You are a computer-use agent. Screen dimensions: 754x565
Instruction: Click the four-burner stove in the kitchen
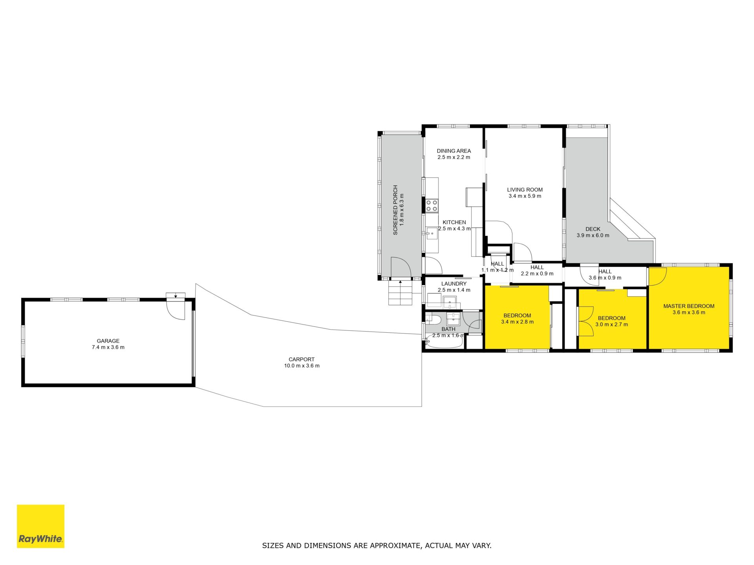point(432,206)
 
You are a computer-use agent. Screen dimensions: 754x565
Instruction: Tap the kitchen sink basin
point(432,233)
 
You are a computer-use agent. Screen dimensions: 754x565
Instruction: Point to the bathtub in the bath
point(444,343)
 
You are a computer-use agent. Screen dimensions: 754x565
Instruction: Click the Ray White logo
point(40,526)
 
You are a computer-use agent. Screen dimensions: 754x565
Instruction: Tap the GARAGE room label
point(108,341)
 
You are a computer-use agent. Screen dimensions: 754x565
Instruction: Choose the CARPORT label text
point(302,359)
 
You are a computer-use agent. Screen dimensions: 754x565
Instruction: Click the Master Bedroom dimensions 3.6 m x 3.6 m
point(689,313)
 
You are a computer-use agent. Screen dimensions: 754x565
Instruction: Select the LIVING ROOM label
point(525,190)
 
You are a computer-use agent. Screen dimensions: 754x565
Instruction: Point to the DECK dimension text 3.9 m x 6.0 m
point(593,235)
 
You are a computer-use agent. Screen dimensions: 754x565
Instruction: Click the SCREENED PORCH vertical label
point(395,210)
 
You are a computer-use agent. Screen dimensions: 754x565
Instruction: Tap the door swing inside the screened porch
point(401,267)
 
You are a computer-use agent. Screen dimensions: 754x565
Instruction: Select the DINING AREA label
point(454,151)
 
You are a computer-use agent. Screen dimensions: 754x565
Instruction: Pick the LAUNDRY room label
point(454,284)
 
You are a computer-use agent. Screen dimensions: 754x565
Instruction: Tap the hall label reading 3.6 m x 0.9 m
point(605,278)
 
